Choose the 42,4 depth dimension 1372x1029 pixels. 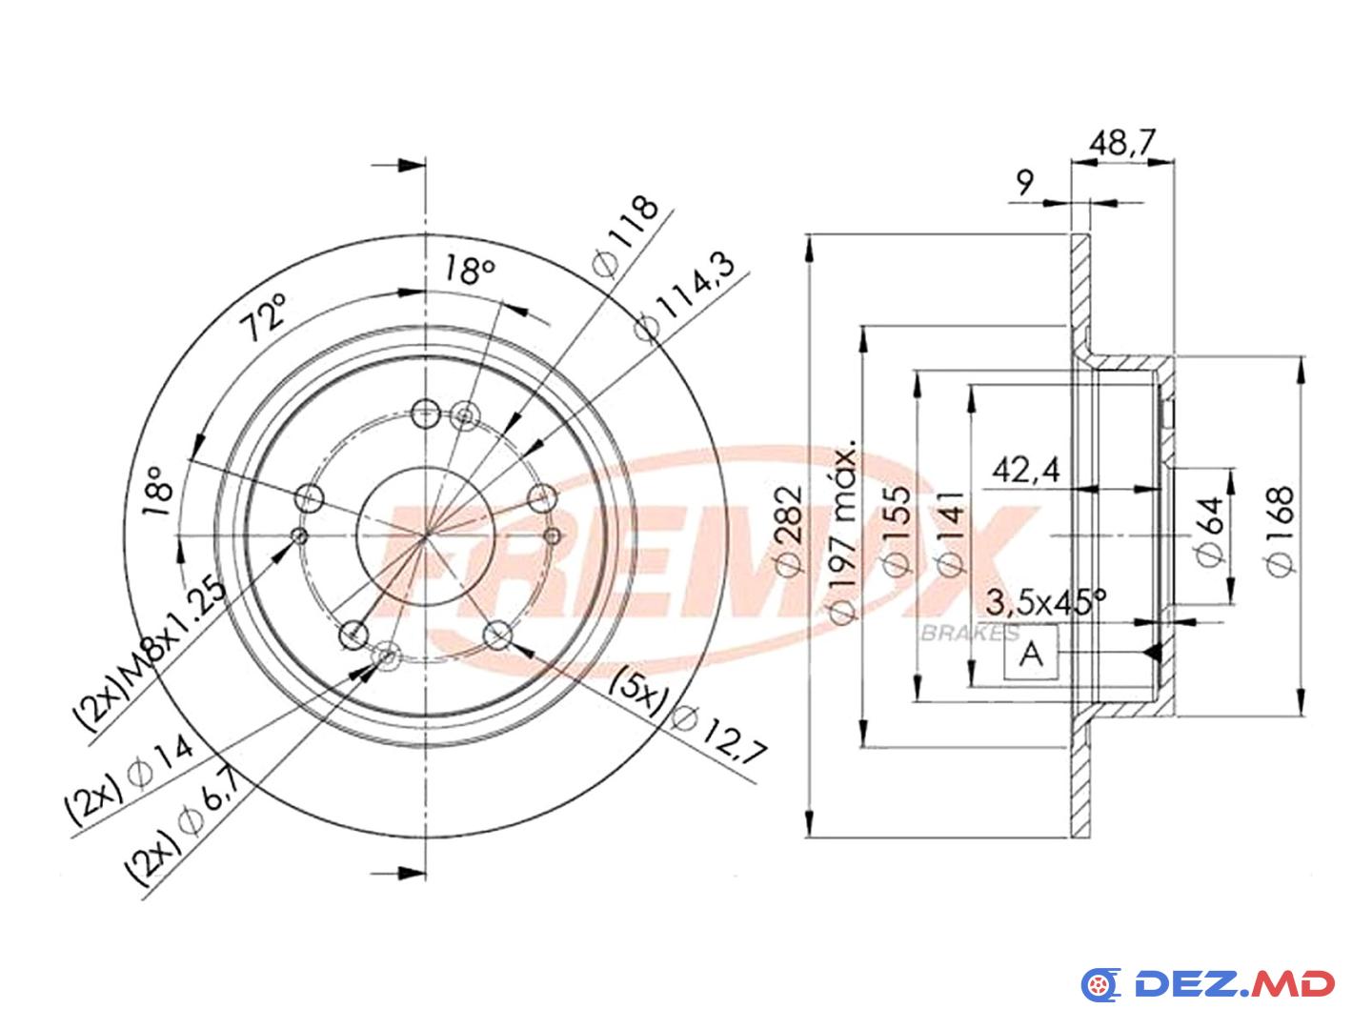pyautogui.click(x=1026, y=470)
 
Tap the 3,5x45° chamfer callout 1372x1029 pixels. pyautogui.click(x=1045, y=601)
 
